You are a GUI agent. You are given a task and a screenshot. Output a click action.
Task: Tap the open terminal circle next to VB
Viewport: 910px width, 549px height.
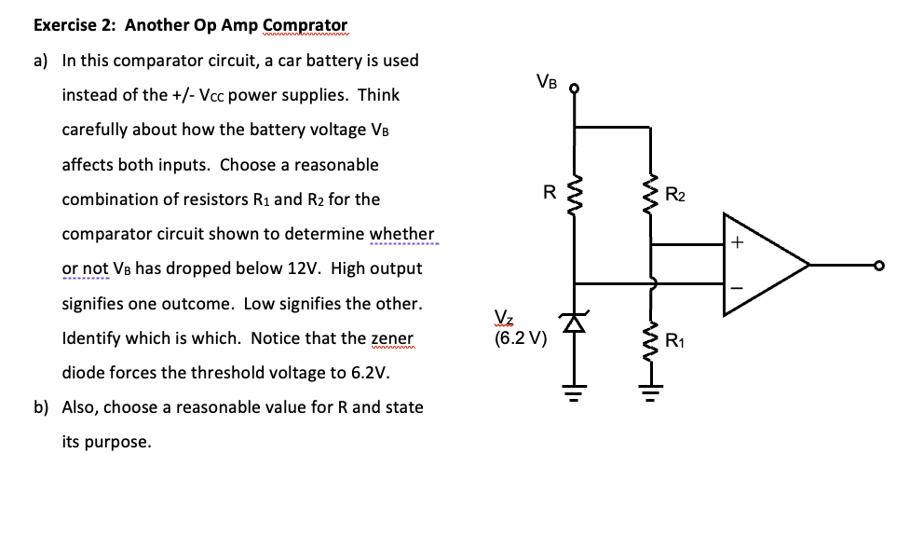point(575,90)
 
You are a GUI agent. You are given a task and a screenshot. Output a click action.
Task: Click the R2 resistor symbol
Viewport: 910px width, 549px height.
point(651,196)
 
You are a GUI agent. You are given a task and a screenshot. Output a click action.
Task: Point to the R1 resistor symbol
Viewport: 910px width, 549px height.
point(651,340)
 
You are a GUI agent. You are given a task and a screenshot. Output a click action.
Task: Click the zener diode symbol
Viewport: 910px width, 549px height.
point(575,323)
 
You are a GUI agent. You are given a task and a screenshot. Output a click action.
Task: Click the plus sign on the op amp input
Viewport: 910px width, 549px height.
point(736,244)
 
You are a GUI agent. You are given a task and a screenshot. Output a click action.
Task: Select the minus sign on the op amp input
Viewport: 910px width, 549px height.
point(736,287)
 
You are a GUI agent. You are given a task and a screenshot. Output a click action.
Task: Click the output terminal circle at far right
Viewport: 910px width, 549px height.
point(876,266)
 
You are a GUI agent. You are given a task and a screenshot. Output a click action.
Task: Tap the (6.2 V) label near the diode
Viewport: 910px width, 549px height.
point(521,338)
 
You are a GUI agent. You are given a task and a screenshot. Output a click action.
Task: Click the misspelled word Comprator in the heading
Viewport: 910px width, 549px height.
point(306,25)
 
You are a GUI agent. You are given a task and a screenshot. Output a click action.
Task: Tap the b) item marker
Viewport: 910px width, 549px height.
point(41,407)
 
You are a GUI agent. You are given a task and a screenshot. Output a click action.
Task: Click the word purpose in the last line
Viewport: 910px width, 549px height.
point(117,442)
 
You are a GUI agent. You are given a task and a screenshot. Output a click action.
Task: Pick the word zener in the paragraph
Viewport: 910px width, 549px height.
point(392,338)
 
